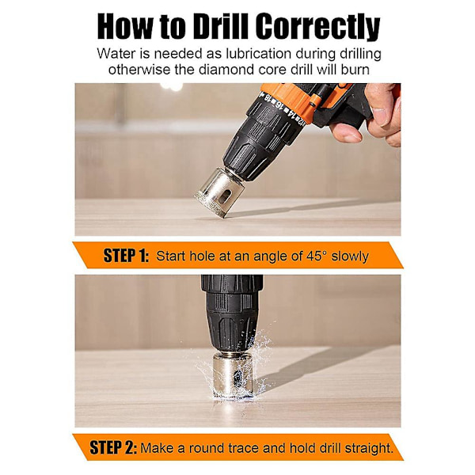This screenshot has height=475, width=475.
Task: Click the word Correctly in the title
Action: pos(318,27)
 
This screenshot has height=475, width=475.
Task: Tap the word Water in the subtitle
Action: pos(116,54)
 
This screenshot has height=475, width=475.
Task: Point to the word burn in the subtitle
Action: pos(355,70)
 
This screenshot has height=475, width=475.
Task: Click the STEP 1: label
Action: pos(126,256)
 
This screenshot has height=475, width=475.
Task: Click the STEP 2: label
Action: pos(113,447)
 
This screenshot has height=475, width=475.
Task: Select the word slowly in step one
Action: pos(350,256)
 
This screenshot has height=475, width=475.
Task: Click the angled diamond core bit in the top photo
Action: pos(218,192)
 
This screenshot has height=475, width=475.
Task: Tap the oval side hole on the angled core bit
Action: pos(225,197)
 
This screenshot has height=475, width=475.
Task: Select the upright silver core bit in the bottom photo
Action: pos(232,375)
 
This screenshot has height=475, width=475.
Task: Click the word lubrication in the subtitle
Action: pos(258,54)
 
